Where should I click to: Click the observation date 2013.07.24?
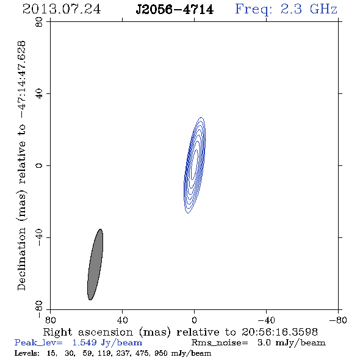point(62,9)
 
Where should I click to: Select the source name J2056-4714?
point(175,10)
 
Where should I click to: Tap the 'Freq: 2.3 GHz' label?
point(286,9)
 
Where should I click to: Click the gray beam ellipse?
point(95,264)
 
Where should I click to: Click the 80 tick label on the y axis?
point(39,22)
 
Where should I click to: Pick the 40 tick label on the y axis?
point(39,94)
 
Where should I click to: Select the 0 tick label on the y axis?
point(39,165)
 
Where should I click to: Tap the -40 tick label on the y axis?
point(39,237)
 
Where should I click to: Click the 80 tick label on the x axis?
point(50,320)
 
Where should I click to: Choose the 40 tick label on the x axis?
point(123,320)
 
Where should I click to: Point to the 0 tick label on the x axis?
point(194,320)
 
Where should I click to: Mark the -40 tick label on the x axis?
point(266,320)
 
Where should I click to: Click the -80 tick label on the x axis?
point(338,320)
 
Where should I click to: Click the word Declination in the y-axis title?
point(21,259)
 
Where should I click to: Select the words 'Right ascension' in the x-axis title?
point(88,332)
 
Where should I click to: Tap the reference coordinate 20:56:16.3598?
point(279,332)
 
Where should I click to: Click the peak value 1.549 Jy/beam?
point(107,343)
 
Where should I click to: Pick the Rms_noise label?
point(220,343)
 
